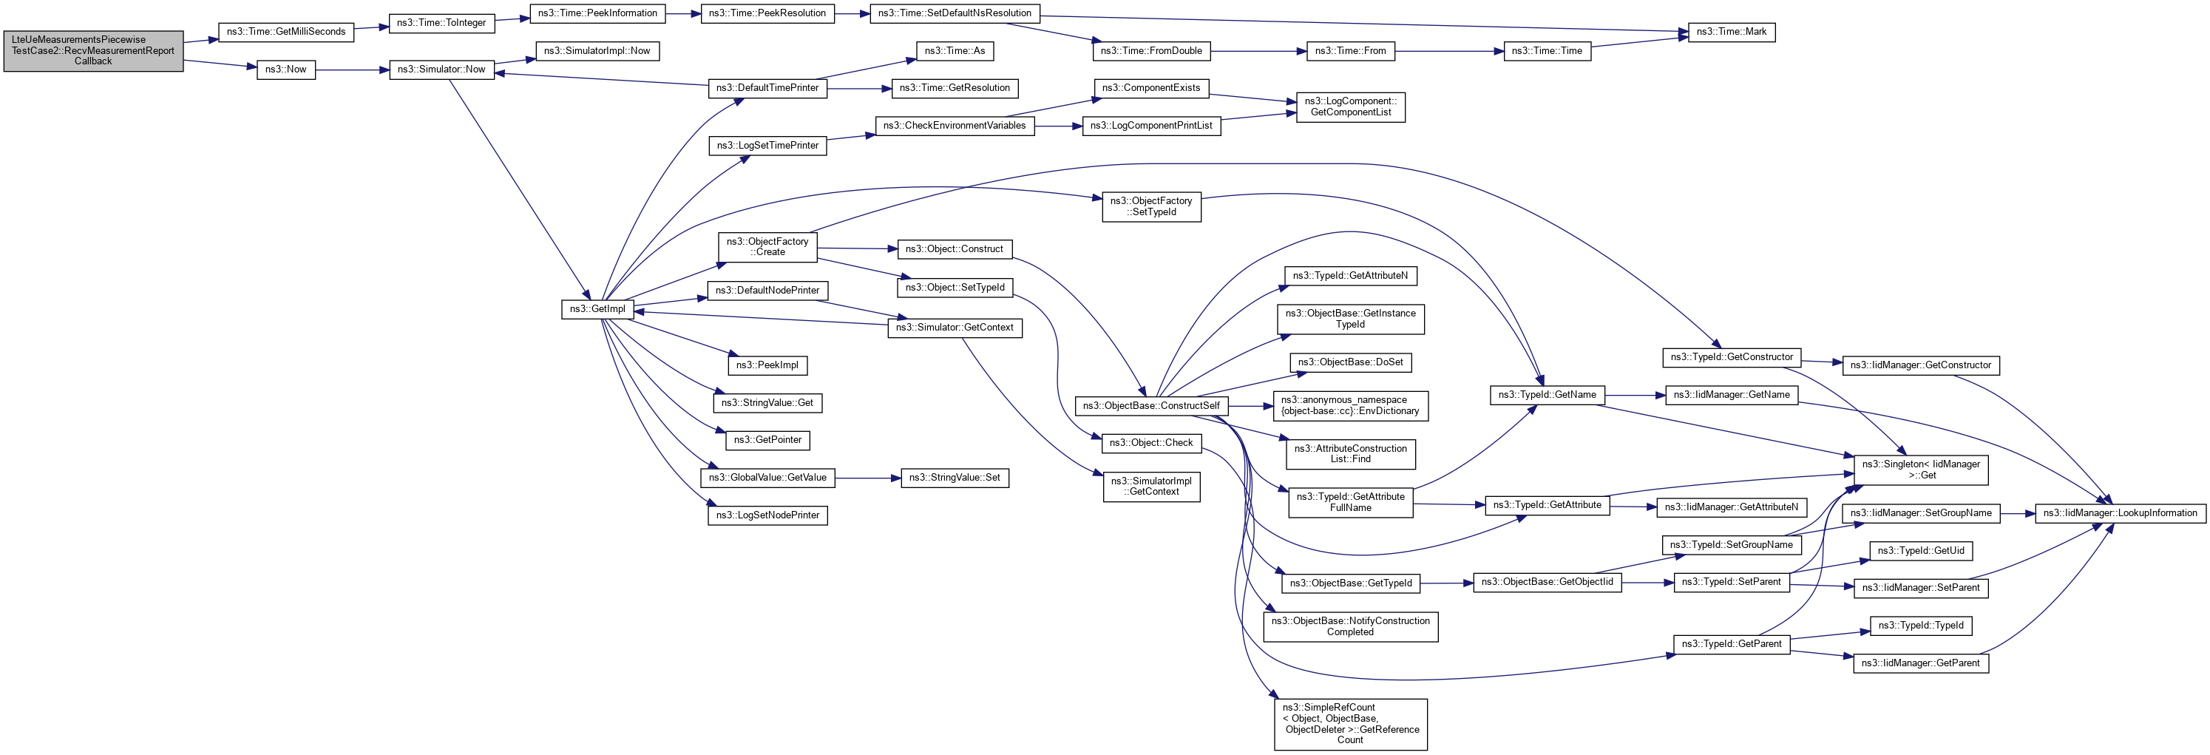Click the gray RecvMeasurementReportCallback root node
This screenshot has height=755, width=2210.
pyautogui.click(x=93, y=50)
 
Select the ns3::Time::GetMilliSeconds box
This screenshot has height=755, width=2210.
pyautogui.click(x=285, y=32)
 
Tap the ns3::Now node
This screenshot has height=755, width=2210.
pyautogui.click(x=285, y=70)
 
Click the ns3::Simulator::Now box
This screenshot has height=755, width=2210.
pyautogui.click(x=441, y=70)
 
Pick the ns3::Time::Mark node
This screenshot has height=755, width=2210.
pyautogui.click(x=1730, y=32)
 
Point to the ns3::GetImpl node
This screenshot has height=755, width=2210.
pyautogui.click(x=598, y=309)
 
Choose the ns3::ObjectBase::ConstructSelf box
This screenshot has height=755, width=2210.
pyautogui.click(x=1150, y=406)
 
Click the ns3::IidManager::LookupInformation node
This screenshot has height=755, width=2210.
pyautogui.click(x=2119, y=513)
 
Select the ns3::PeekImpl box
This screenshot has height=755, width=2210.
pyautogui.click(x=767, y=365)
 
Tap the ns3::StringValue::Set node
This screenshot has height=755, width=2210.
pyautogui.click(x=954, y=478)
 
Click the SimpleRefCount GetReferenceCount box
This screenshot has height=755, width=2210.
pyautogui.click(x=1350, y=724)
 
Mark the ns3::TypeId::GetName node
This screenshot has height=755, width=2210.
pyautogui.click(x=1547, y=395)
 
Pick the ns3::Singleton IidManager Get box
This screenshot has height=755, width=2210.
pyautogui.click(x=1921, y=470)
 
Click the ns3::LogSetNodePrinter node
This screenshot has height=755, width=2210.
pyautogui.click(x=767, y=515)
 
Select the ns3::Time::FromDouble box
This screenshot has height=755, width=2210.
pyautogui.click(x=1150, y=52)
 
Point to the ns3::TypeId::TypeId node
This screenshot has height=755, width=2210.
pyautogui.click(x=1920, y=626)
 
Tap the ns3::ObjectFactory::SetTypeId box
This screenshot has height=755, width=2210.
pyautogui.click(x=1150, y=207)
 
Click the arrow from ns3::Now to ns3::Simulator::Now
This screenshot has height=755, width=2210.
pyautogui.click(x=352, y=70)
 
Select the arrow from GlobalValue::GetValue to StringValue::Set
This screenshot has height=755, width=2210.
pyautogui.click(x=867, y=478)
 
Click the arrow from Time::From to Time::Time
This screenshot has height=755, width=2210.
pyautogui.click(x=1449, y=52)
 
